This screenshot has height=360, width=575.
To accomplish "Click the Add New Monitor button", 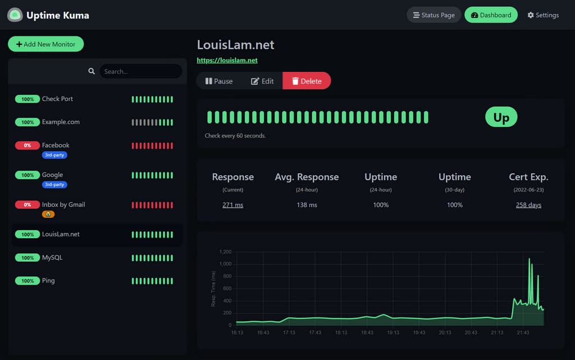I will (x=45, y=44).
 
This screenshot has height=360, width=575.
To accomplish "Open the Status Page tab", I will (x=433, y=15).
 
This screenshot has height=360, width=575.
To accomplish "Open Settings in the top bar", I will (x=543, y=15).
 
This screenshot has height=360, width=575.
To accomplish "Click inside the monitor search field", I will (x=140, y=71).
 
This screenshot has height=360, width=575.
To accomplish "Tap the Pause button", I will (x=219, y=81).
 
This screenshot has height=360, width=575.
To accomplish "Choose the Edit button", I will (x=262, y=81).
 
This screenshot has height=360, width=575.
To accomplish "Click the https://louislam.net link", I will (x=227, y=60).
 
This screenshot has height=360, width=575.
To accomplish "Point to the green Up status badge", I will (x=501, y=117).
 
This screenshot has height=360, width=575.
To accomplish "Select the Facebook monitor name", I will (x=56, y=145).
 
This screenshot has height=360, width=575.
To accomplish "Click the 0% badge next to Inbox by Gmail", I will (x=28, y=205).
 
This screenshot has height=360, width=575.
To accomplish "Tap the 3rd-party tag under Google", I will (x=54, y=184).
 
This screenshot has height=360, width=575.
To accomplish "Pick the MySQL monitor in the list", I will (x=52, y=258).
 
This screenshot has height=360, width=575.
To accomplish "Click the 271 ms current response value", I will (x=232, y=205).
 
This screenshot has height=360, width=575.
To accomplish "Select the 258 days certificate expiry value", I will (x=528, y=205).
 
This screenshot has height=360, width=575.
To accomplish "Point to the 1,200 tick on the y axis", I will (x=225, y=252).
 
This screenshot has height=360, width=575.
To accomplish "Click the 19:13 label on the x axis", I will (x=393, y=333).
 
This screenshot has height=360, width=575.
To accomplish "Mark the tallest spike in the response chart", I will (x=529, y=259).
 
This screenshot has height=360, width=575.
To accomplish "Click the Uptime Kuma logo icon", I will (x=15, y=15).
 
